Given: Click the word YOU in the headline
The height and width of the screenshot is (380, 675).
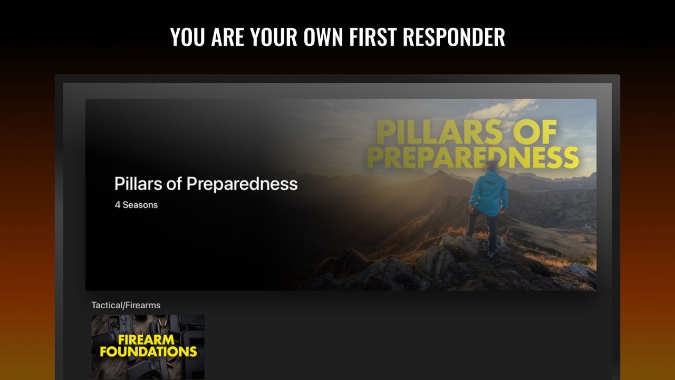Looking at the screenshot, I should click(187, 37).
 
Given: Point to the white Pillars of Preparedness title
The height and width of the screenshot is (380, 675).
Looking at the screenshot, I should click(206, 184).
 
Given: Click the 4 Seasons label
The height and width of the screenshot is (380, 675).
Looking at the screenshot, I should click(136, 205).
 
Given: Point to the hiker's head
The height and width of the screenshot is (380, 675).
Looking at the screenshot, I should click(492, 166).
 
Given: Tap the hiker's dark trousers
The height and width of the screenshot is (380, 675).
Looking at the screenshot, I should click(485, 230).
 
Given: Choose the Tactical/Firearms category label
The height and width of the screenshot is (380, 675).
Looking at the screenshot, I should click(126, 305).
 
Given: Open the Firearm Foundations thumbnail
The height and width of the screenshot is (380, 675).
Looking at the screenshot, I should click(148, 347).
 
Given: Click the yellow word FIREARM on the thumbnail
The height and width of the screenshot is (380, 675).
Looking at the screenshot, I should click(146, 339).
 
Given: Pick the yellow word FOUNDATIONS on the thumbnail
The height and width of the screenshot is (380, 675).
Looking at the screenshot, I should click(148, 351).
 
